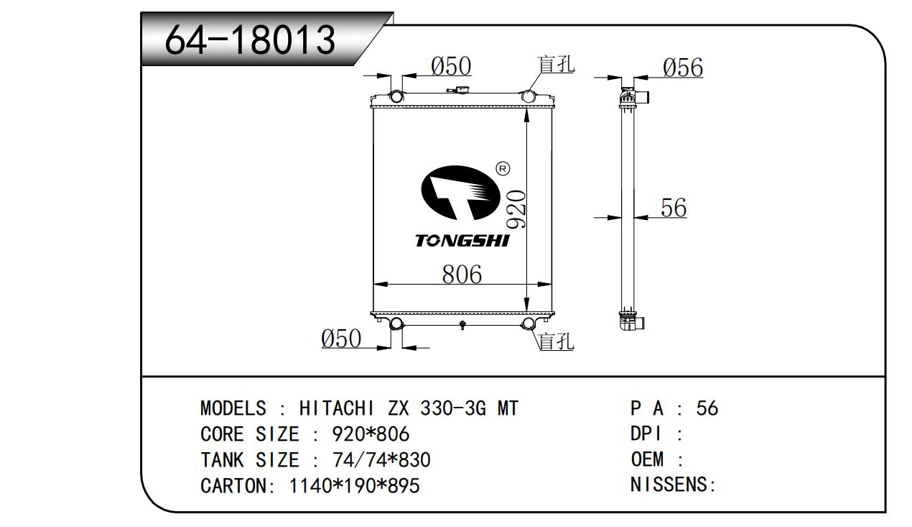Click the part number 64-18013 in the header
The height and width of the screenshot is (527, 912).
click(x=250, y=40)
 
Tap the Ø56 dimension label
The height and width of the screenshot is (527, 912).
click(x=683, y=68)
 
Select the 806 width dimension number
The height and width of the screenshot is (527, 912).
click(x=462, y=275)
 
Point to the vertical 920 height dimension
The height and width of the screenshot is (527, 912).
click(x=516, y=208)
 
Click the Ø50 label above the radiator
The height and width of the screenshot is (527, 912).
click(x=451, y=66)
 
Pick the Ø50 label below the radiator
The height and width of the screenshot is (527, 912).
click(x=341, y=339)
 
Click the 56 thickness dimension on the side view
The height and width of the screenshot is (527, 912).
click(x=674, y=208)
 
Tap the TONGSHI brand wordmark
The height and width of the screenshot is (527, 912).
click(x=462, y=241)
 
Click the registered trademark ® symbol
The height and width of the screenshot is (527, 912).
click(x=503, y=169)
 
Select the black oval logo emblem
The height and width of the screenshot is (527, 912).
click(x=460, y=193)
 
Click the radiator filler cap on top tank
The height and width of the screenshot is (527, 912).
click(x=459, y=89)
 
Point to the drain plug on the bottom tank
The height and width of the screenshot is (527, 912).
click(x=462, y=325)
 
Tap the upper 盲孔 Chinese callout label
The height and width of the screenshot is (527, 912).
click(x=556, y=65)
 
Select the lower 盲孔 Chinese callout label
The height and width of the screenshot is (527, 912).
click(x=556, y=341)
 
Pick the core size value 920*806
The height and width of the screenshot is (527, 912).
click(x=371, y=434)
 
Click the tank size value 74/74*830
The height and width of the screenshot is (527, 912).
click(x=381, y=459)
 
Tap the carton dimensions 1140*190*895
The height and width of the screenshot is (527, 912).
click(x=354, y=486)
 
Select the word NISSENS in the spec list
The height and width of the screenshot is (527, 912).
click(x=669, y=485)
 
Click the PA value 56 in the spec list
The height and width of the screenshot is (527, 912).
click(x=707, y=408)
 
